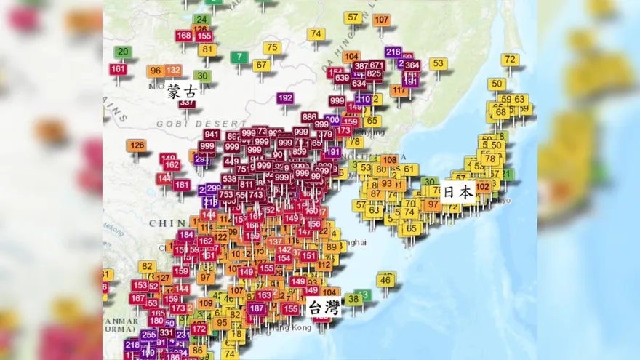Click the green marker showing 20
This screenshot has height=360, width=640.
(x=123, y=52)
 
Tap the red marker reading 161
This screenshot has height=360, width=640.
(x=119, y=69)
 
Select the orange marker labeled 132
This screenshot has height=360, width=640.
(x=173, y=71)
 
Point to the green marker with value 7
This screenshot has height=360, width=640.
(x=240, y=57)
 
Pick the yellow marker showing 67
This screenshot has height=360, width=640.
(x=262, y=65)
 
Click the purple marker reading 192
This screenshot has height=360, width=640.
(x=285, y=98)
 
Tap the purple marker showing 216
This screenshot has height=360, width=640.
(x=393, y=52)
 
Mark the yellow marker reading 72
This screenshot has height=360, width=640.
(x=511, y=60)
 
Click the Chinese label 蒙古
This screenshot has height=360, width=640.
(x=182, y=92)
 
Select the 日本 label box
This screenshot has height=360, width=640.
(x=459, y=192)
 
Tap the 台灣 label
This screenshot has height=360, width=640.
(x=324, y=307)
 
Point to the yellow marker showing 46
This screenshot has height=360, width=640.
(x=385, y=280)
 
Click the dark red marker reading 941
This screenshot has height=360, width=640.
(x=212, y=135)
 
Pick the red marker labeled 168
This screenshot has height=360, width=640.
(x=184, y=36)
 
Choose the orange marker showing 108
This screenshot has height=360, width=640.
(x=390, y=160)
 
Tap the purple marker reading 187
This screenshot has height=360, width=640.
(x=256, y=308)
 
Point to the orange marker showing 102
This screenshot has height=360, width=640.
(x=482, y=187)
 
